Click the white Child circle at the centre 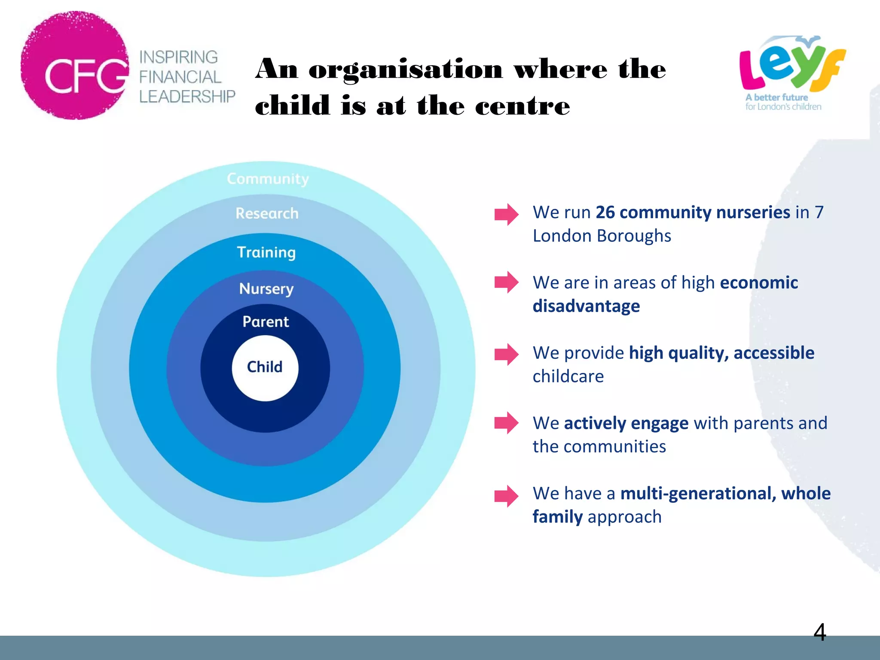tap(265, 368)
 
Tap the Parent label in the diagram tap(266, 322)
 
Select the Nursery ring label tap(266, 289)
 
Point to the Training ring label tap(266, 252)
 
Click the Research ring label tap(267, 214)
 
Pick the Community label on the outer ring tap(268, 179)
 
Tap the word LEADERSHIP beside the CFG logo tap(187, 97)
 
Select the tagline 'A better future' tap(776, 98)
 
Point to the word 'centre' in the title tap(522, 106)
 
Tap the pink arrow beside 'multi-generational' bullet tap(506, 496)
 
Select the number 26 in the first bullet tap(605, 212)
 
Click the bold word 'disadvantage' tap(586, 306)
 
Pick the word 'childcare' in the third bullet tap(568, 376)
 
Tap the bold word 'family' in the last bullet tap(557, 517)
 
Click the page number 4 tap(819, 632)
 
